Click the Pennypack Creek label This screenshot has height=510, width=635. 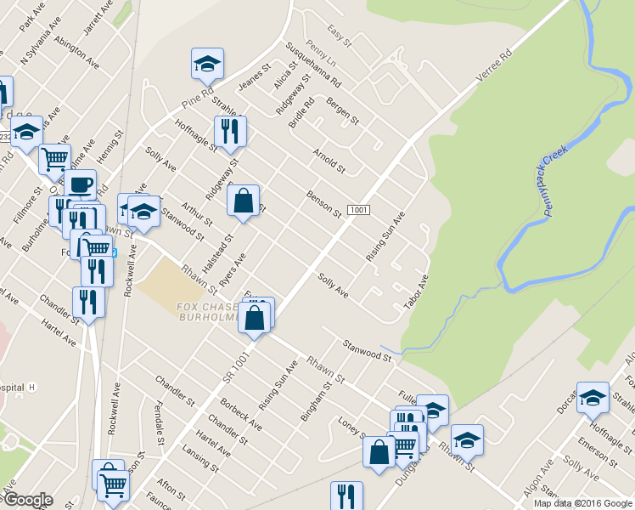[x=554, y=181]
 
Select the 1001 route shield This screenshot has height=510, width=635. [x=358, y=210]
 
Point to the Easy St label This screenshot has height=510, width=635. [x=340, y=36]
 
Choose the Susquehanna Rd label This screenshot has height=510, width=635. [x=314, y=65]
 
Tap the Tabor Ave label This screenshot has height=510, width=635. [x=417, y=291]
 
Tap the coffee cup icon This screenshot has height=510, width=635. [x=81, y=184]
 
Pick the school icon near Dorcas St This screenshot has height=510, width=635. [x=592, y=397]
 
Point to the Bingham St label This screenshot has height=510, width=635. [x=315, y=402]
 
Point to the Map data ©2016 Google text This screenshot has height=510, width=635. [x=582, y=503]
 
